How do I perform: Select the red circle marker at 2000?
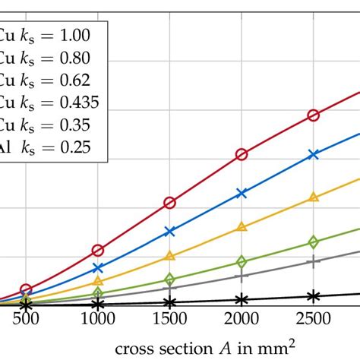tap(242, 154)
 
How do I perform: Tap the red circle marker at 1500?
tap(170, 203)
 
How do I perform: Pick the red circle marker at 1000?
tap(98, 250)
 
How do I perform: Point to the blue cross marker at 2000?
tap(242, 193)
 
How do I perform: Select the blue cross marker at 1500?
tap(170, 231)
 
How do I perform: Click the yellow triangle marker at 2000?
tap(242, 226)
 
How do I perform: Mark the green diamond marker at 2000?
tap(242, 262)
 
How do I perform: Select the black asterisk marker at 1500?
tap(170, 302)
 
